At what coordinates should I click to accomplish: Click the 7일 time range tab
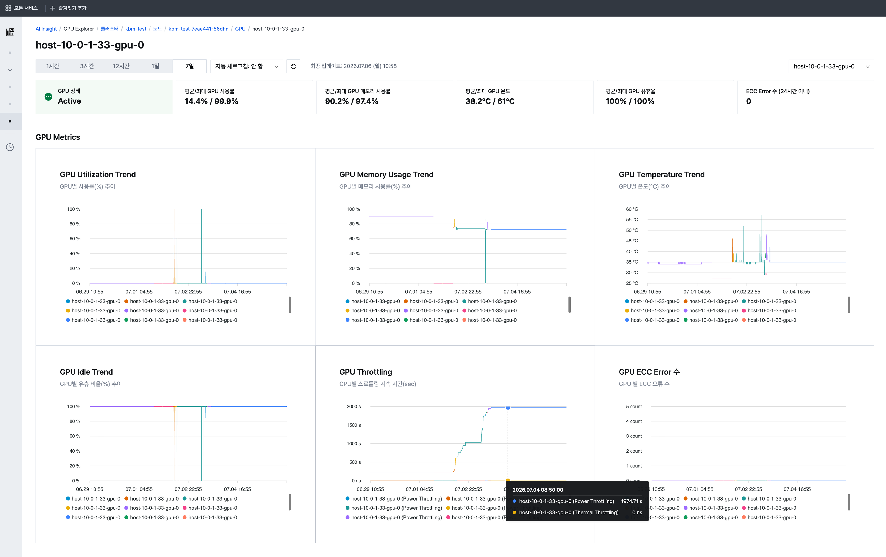189,66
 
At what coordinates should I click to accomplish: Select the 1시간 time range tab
53,66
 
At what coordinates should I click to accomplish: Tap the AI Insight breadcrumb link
46,29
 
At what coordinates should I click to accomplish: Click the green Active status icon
48,97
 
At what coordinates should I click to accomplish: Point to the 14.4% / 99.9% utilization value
211,101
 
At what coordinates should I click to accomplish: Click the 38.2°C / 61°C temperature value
490,101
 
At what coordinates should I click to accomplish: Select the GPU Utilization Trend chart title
98,174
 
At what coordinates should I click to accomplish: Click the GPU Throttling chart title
366,372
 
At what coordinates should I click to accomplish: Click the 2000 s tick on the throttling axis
354,407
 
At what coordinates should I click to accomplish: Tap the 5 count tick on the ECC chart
633,407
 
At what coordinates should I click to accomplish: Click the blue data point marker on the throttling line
508,408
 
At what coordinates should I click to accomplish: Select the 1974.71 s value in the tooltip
631,501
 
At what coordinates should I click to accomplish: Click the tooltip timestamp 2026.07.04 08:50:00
538,490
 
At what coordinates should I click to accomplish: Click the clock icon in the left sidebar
10,147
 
